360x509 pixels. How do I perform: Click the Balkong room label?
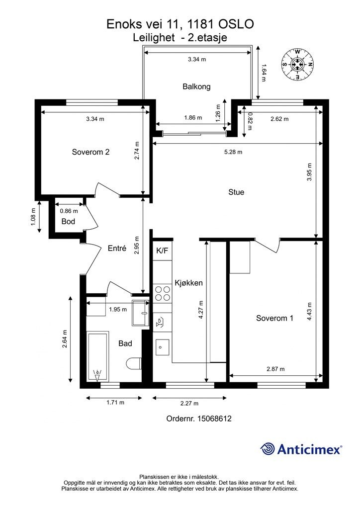pos(196,86)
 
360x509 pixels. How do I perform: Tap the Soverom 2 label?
pos(90,152)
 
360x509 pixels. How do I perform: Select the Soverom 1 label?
pos(274,318)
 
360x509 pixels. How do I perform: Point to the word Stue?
pos(236,192)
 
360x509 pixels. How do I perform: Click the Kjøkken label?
pos(188,283)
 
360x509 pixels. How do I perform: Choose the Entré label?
pos(117,249)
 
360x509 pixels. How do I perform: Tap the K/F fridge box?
pos(162,251)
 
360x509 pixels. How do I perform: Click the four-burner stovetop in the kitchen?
pos(162,293)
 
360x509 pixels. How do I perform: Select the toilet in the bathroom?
pos(134,363)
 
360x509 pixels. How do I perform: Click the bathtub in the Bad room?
pos(98,356)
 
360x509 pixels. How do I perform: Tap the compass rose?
pos(297,64)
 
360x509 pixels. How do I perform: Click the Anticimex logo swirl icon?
pos(268,449)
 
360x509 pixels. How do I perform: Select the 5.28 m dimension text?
pos(233,152)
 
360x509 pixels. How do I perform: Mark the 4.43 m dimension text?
pos(309,312)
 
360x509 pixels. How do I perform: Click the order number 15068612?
pos(214,419)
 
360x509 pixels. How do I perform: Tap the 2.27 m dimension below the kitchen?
pos(189,404)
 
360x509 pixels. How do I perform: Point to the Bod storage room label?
pos(68,221)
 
